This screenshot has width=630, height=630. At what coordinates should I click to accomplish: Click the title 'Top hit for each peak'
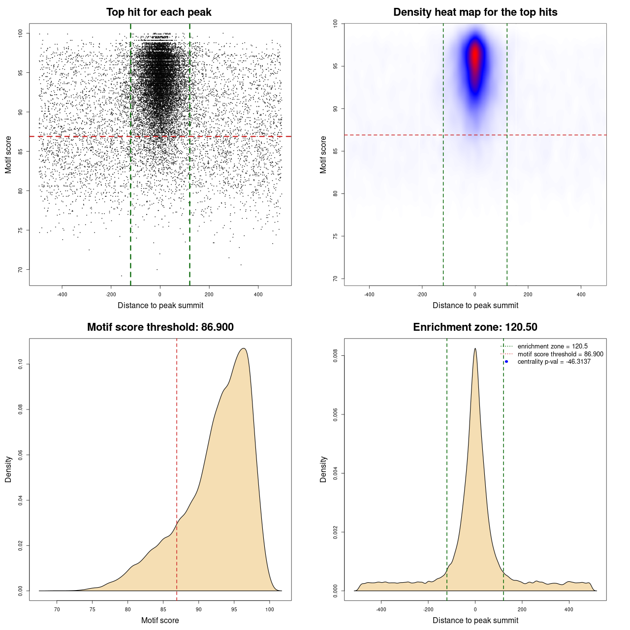pyautogui.click(x=158, y=12)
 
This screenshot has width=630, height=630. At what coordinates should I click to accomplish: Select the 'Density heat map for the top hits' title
pyautogui.click(x=475, y=12)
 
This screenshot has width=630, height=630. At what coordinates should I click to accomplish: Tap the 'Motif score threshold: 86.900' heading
pyautogui.click(x=160, y=327)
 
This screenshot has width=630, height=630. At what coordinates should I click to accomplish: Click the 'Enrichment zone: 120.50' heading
pyautogui.click(x=475, y=327)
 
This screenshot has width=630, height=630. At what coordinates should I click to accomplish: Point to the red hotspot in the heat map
pyautogui.click(x=475, y=57)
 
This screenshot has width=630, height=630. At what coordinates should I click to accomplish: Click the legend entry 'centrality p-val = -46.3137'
pyautogui.click(x=554, y=362)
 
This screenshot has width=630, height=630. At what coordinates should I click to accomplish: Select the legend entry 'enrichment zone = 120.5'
pyautogui.click(x=552, y=346)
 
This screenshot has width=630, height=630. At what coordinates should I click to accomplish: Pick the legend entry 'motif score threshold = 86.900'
pyautogui.click(x=560, y=354)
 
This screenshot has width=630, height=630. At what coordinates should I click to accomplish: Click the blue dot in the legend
pyautogui.click(x=506, y=362)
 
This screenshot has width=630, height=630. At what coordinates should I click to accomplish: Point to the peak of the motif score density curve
pyautogui.click(x=243, y=348)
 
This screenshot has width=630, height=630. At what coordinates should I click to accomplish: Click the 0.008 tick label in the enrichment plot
pyautogui.click(x=335, y=356)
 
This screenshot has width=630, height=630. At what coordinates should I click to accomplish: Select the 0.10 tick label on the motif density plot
pyautogui.click(x=20, y=364)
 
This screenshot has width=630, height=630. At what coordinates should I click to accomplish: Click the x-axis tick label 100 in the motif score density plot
pyautogui.click(x=269, y=609)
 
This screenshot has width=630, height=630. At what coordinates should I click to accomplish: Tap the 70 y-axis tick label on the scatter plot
pyautogui.click(x=20, y=270)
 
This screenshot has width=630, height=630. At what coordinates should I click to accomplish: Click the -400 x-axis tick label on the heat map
pyautogui.click(x=369, y=294)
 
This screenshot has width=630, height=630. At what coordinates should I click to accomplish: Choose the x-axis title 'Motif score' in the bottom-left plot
pyautogui.click(x=160, y=620)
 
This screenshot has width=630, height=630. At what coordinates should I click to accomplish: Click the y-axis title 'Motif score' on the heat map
pyautogui.click(x=323, y=155)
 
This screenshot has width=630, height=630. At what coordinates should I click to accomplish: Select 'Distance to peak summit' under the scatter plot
pyautogui.click(x=160, y=305)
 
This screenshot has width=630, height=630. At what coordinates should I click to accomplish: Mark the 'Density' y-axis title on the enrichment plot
pyautogui.click(x=323, y=469)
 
